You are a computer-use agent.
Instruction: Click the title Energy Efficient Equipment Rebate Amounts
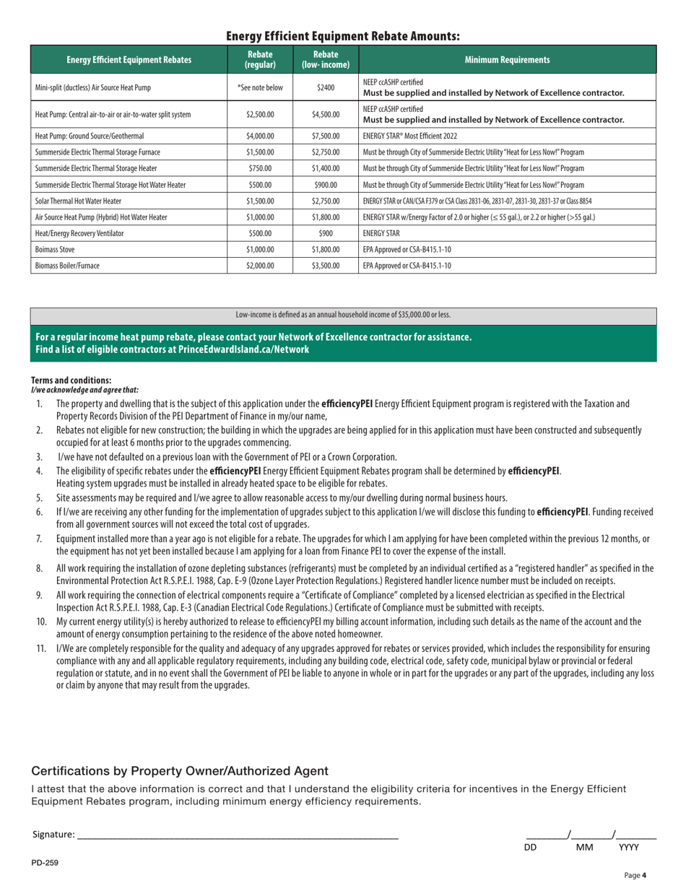343,36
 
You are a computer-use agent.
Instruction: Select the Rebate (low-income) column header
326,60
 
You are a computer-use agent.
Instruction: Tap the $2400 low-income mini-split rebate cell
326,87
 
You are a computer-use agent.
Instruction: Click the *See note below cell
260,87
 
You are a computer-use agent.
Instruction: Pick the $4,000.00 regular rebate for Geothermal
260,136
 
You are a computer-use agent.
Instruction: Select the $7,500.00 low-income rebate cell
326,136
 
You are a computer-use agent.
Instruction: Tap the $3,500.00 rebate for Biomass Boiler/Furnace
326,266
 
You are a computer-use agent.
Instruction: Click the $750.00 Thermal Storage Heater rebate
260,168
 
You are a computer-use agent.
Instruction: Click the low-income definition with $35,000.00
343,315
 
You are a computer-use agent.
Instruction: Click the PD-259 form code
44,863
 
